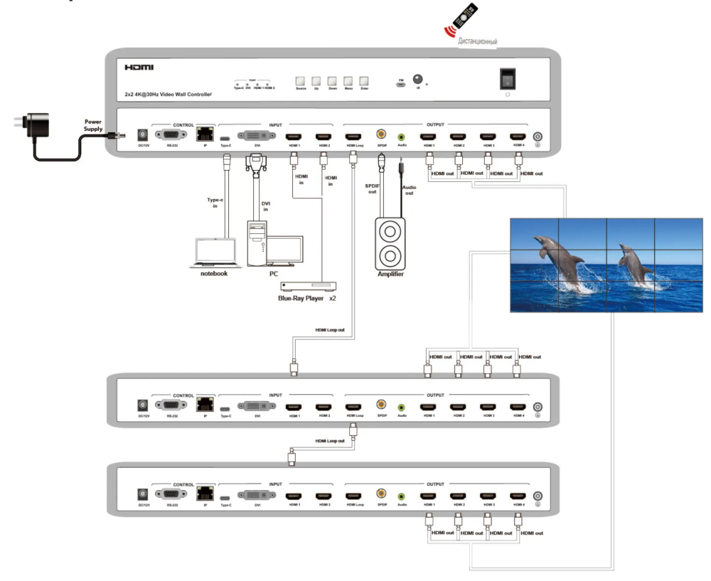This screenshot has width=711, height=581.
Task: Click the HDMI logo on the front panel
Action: [139, 68]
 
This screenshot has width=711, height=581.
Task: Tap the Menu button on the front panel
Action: [348, 81]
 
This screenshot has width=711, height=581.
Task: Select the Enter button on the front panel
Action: [364, 81]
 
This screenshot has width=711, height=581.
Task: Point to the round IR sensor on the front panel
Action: [418, 80]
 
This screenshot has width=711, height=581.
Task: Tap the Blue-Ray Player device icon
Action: [309, 285]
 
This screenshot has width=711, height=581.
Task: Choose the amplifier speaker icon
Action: [390, 241]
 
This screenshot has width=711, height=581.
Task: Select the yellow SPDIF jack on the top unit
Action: [382, 134]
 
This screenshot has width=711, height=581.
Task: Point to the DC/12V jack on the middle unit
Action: [142, 406]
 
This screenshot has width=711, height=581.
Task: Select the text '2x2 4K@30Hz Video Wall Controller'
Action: [168, 94]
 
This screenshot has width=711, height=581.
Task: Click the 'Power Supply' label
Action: [94, 125]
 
